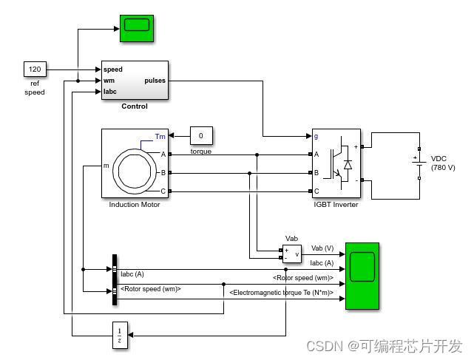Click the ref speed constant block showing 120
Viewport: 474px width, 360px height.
[35, 69]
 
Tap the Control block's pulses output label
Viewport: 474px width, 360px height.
[155, 81]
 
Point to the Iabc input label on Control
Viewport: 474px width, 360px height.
[109, 92]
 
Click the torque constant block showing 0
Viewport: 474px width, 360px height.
[201, 136]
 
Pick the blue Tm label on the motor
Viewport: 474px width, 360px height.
[160, 136]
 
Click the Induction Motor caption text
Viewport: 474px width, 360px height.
[135, 205]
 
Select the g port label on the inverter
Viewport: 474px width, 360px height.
[316, 136]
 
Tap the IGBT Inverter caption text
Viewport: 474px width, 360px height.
[336, 205]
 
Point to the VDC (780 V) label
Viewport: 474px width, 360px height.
[443, 163]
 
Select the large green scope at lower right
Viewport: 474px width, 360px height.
[362, 275]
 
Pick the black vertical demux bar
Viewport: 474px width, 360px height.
[115, 279]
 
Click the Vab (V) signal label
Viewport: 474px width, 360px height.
[322, 248]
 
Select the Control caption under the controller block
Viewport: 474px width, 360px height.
[135, 106]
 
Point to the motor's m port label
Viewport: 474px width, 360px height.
[106, 166]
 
